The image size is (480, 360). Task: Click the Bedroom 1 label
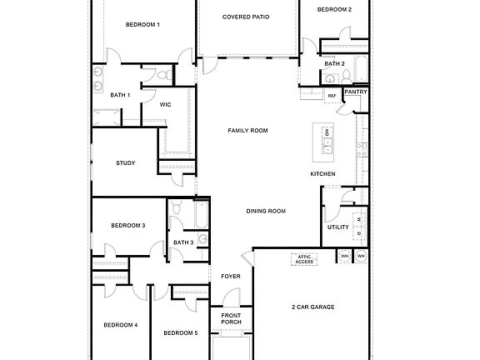pos(142,25)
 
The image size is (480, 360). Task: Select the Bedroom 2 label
pos(335,9)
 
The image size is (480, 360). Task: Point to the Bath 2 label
pos(334,63)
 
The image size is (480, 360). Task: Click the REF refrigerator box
pos(332,96)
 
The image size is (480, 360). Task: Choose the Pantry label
pos(357,92)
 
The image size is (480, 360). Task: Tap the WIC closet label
pos(166,105)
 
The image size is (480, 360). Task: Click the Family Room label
pos(247,131)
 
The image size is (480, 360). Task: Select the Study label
pos(126,163)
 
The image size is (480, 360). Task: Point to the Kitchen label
pos(323,173)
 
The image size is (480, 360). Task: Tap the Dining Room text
pos(266,211)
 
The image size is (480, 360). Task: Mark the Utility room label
pos(338,227)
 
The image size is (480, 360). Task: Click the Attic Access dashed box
pos(304,259)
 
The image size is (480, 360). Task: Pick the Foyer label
pos(231,276)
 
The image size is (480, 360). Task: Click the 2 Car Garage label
pos(313,307)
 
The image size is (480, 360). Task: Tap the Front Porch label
pos(231,318)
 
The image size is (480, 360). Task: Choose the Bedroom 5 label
pos(180,333)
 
